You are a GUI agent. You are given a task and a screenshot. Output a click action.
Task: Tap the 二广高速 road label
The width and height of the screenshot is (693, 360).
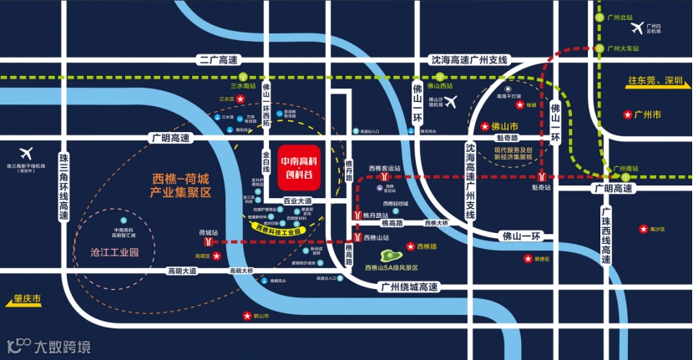(x=218, y=60)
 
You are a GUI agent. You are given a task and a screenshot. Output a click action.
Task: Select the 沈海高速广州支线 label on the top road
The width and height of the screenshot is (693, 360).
(x=468, y=60)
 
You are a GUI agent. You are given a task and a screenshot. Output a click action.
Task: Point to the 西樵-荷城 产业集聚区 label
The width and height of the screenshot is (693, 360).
(x=183, y=185)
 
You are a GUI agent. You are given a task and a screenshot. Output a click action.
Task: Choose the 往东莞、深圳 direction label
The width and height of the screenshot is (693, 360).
(x=655, y=81)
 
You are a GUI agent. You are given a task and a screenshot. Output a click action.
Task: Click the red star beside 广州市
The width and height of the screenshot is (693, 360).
(x=627, y=114)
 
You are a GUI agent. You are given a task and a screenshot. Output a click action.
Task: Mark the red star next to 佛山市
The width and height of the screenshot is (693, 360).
(x=485, y=126)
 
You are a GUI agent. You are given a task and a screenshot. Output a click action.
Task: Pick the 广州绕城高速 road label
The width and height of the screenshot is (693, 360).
(x=408, y=287)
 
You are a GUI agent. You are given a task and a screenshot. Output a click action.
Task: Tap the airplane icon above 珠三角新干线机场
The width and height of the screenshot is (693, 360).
(x=25, y=153)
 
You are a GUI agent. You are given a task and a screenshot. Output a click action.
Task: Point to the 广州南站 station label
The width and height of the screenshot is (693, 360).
(x=625, y=169)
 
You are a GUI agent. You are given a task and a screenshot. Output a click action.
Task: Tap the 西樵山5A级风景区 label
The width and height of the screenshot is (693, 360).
(x=391, y=267)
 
